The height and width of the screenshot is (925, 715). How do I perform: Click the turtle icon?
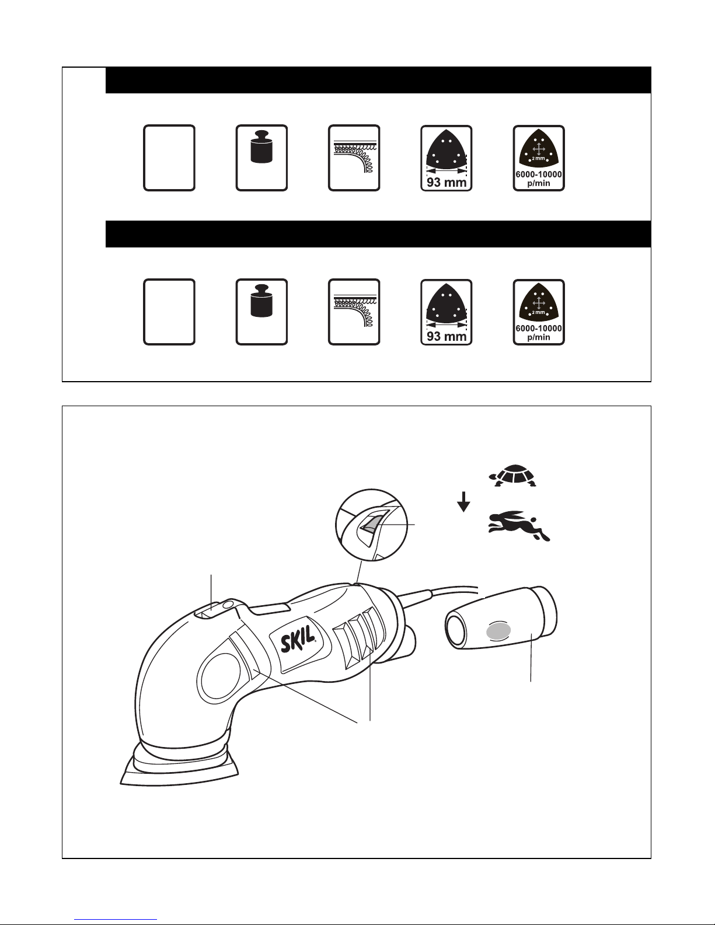pos(513,476)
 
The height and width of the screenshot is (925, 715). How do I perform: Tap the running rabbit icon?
pos(519,525)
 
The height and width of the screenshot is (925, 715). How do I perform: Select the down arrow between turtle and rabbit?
pos(463,501)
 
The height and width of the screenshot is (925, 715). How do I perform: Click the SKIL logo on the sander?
pos(298,638)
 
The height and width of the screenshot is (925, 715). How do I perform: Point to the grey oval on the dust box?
pos(498,630)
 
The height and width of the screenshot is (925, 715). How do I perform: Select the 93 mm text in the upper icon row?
pos(447,182)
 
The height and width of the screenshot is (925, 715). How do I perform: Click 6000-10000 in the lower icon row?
pos(539,328)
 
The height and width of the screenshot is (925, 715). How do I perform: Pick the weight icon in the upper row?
pos(261,146)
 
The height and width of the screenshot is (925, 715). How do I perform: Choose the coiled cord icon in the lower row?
pos(354,310)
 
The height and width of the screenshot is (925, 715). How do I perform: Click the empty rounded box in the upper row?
pos(169,158)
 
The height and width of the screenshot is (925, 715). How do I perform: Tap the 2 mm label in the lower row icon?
pos(538,312)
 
